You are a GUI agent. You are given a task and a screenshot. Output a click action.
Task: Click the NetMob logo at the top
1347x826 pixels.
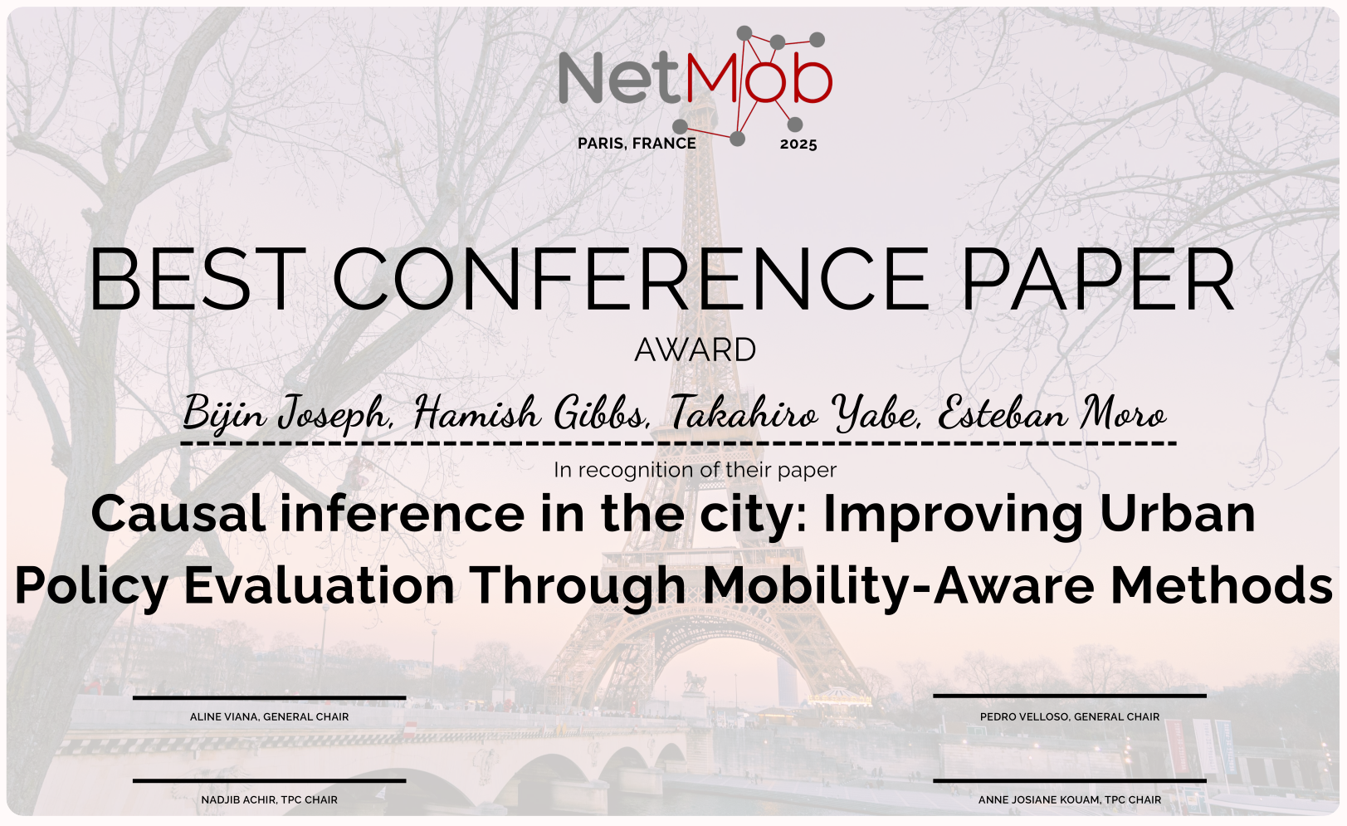point(695,80)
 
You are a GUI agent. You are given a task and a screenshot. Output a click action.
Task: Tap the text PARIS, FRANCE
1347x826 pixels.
point(637,144)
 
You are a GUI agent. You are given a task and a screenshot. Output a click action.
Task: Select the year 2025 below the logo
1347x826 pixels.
point(798,144)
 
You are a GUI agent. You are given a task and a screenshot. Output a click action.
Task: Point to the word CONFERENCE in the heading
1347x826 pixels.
point(631,280)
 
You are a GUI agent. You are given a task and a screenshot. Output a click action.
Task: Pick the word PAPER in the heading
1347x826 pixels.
point(1097,280)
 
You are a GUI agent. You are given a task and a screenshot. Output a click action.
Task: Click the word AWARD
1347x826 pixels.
point(695,350)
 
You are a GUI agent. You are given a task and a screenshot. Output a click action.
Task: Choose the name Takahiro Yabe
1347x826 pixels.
point(794,413)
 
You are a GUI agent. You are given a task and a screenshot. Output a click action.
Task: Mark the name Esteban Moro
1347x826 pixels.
point(1052,413)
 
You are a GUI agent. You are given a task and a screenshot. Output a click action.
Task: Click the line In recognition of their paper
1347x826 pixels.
point(695,470)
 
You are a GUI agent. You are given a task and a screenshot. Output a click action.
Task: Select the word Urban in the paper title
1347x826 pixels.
point(1177,513)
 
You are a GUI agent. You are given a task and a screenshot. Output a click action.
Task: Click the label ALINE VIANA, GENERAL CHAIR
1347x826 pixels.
point(269,716)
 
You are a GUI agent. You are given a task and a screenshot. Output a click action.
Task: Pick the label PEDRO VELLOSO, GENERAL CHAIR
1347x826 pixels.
point(1069,716)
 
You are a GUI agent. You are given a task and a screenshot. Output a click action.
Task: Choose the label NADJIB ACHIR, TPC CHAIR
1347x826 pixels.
point(269,799)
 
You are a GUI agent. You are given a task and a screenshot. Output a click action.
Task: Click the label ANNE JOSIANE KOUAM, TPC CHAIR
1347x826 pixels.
point(1069,799)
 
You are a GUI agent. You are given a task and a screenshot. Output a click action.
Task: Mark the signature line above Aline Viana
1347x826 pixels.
point(269,698)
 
